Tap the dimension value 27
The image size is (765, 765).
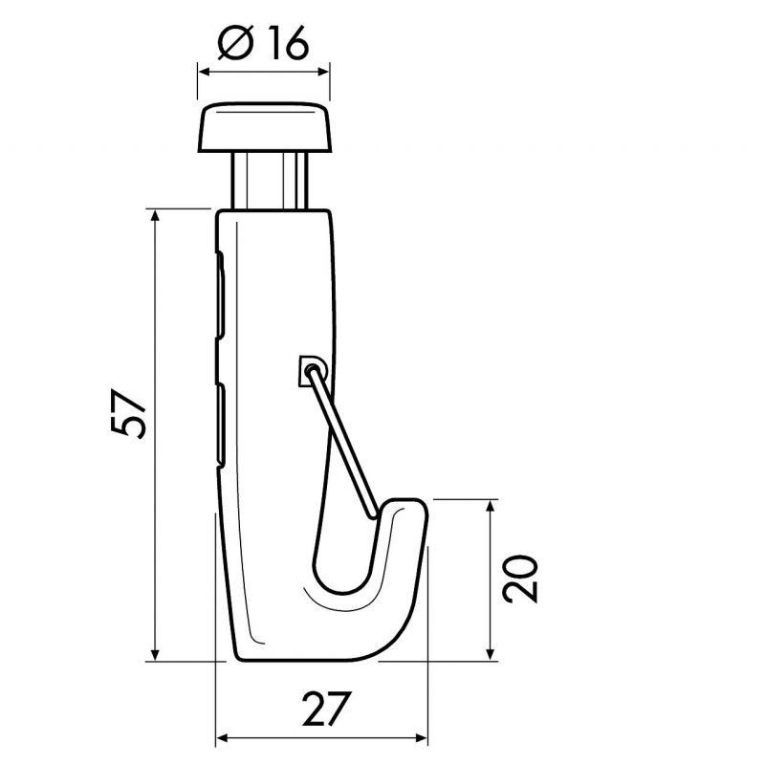[x=321, y=709]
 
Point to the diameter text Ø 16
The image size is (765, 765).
[x=263, y=43]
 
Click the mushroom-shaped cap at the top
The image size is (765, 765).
[x=264, y=129]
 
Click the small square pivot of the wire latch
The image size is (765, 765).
[x=310, y=368]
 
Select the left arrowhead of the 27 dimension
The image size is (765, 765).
[x=224, y=738]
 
